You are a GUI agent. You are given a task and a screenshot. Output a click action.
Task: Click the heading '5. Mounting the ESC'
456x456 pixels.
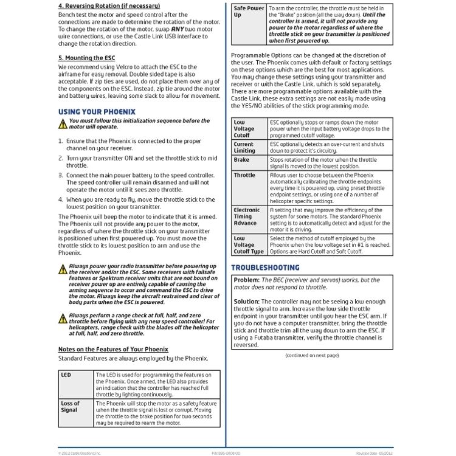[x=86, y=58]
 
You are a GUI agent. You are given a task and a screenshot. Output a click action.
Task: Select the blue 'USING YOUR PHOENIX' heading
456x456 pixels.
[x=97, y=112]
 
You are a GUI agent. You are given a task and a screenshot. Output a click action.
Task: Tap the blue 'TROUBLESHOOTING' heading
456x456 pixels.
[x=265, y=268]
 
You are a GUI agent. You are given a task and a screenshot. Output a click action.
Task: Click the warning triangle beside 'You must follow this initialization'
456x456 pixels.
[x=63, y=124]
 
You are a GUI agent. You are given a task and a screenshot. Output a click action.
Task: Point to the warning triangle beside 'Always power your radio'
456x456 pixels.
[x=63, y=269]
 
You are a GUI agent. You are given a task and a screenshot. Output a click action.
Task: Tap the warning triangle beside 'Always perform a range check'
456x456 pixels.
[x=63, y=319]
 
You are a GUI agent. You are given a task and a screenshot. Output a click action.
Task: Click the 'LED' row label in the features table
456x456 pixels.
[x=66, y=375]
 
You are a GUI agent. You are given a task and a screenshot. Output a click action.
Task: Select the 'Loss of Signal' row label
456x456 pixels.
[x=70, y=407]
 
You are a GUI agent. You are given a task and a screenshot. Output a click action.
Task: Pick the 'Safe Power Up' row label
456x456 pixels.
[x=249, y=12]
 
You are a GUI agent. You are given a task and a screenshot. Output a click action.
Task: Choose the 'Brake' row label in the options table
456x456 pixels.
[x=241, y=160]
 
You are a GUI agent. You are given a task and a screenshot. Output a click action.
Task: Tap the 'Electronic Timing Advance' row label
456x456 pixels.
[x=246, y=216]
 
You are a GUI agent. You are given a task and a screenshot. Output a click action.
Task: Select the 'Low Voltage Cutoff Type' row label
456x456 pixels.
[x=249, y=245]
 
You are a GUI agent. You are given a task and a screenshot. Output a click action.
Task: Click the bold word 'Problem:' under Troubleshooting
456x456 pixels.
[x=246, y=280]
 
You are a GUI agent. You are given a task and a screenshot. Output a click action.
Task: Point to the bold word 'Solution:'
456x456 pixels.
[x=247, y=302]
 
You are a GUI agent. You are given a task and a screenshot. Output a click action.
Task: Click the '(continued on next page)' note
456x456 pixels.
[x=312, y=355]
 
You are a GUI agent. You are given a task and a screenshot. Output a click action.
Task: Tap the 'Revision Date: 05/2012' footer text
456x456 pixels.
[x=375, y=453]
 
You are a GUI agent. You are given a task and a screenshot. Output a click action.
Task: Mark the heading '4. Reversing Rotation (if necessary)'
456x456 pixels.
[x=110, y=6]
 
